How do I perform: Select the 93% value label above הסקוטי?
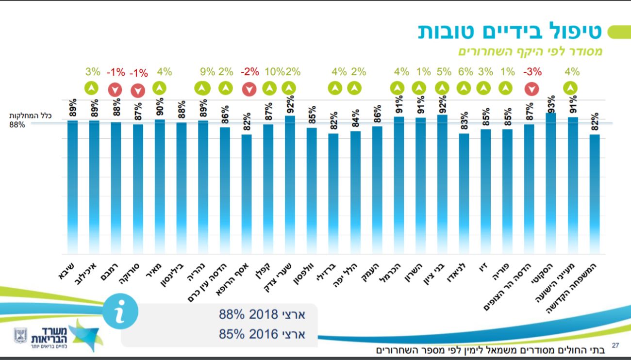[x=551, y=104]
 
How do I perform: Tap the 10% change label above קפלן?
[x=275, y=72]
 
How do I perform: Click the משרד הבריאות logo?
[x=56, y=334]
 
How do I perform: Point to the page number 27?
[x=616, y=345]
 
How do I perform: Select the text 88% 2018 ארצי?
[x=263, y=315]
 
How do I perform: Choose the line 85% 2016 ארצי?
[x=263, y=334]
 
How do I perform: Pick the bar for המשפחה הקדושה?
[x=595, y=194]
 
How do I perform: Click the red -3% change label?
[x=532, y=72]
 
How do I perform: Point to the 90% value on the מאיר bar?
[x=160, y=108]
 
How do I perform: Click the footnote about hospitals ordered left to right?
[x=490, y=349]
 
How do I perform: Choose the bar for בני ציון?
[x=442, y=184]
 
